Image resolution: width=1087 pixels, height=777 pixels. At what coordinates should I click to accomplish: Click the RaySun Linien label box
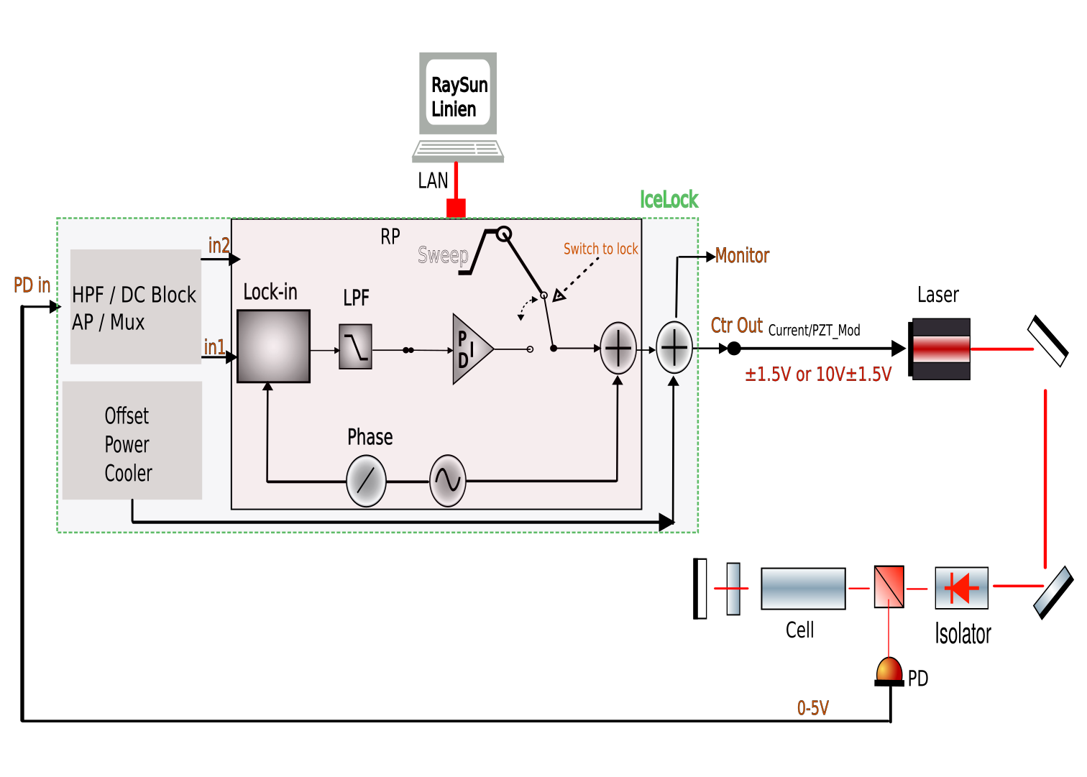pyautogui.click(x=458, y=93)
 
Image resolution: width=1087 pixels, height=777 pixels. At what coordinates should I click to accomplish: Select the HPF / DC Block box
pyautogui.click(x=135, y=307)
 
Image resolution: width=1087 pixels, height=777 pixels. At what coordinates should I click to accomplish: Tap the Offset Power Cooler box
pyautogui.click(x=132, y=441)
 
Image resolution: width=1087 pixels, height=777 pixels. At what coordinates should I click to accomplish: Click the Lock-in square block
pyautogui.click(x=273, y=346)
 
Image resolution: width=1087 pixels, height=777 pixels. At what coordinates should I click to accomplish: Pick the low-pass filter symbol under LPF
pyautogui.click(x=355, y=346)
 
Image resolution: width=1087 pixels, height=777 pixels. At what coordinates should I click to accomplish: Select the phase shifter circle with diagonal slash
pyautogui.click(x=366, y=481)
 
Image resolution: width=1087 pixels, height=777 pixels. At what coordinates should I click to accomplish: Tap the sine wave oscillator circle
pyautogui.click(x=447, y=481)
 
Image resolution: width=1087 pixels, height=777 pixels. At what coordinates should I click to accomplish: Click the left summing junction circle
pyautogui.click(x=618, y=348)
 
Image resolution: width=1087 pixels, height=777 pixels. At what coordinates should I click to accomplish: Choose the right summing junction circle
pyautogui.click(x=674, y=347)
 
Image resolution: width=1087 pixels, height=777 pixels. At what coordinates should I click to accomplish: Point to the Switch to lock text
pyautogui.click(x=600, y=249)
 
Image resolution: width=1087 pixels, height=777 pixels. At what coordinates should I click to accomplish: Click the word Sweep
pyautogui.click(x=443, y=254)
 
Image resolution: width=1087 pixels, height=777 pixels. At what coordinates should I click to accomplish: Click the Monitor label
pyautogui.click(x=742, y=256)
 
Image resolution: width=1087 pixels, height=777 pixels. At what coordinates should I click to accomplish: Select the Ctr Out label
pyautogui.click(x=736, y=326)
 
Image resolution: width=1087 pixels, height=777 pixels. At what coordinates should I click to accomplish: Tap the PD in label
pyautogui.click(x=32, y=285)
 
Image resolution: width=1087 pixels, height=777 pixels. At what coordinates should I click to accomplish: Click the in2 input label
pyautogui.click(x=219, y=246)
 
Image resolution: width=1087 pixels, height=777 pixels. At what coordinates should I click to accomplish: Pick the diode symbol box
pyautogui.click(x=961, y=588)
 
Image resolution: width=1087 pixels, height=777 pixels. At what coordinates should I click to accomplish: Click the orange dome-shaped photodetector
pyautogui.click(x=889, y=669)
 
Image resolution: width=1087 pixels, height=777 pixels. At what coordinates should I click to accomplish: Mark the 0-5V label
pyautogui.click(x=812, y=708)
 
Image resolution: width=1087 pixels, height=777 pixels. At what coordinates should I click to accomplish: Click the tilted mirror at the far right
pyautogui.click(x=1052, y=592)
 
